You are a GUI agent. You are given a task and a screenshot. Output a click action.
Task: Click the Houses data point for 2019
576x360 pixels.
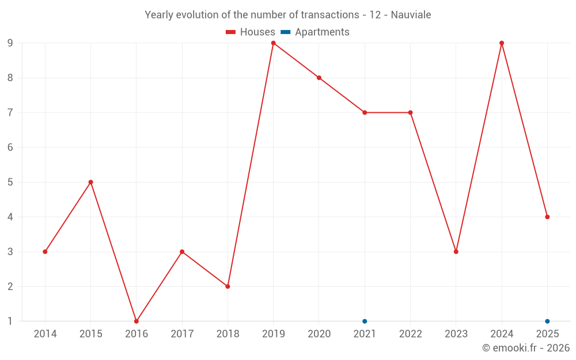[x=273, y=43]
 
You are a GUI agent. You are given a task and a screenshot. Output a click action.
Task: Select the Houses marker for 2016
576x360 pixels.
[x=137, y=321]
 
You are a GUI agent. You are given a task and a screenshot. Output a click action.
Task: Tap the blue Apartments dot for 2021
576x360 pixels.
[x=365, y=321]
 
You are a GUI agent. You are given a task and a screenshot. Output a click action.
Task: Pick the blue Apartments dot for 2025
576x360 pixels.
[x=547, y=321]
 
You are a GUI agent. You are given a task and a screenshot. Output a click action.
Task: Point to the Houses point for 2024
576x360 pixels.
[x=502, y=43]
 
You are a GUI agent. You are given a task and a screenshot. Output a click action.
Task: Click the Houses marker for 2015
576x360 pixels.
[x=90, y=182]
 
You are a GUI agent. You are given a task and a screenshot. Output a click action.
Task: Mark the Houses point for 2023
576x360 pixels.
[x=456, y=252]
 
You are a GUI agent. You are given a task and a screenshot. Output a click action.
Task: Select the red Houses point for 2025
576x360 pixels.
[x=547, y=217]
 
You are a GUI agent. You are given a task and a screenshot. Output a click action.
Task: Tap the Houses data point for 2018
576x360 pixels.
[x=228, y=286]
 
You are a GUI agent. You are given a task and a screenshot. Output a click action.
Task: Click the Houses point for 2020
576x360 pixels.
[x=319, y=78]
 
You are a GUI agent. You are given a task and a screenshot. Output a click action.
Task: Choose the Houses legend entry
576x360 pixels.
[x=251, y=32]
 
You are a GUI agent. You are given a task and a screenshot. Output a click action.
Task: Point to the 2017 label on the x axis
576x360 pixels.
[x=182, y=334]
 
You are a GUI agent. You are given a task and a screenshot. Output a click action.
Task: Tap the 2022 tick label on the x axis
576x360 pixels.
[x=410, y=334]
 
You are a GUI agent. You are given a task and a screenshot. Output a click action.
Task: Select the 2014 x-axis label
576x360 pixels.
[x=45, y=334]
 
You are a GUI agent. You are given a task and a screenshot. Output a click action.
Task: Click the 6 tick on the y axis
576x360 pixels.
[x=10, y=147]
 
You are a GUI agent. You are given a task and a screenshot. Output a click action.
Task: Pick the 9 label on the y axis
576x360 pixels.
[x=10, y=43]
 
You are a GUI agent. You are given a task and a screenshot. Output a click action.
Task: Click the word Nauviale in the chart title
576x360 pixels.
[x=411, y=15]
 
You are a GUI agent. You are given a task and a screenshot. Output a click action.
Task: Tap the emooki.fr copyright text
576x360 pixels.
[x=526, y=348]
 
